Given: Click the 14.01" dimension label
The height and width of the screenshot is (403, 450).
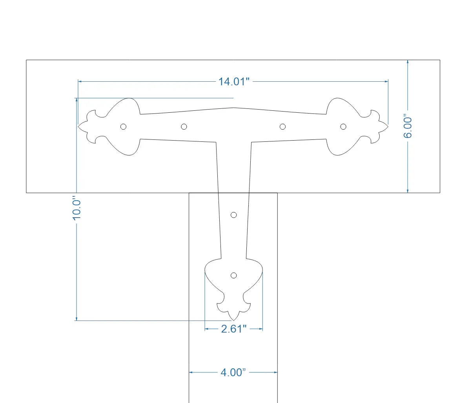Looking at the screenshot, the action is (x=234, y=82).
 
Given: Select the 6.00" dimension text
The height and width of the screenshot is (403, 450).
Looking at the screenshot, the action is (x=408, y=127).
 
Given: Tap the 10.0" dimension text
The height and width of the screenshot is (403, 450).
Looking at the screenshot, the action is (x=77, y=209).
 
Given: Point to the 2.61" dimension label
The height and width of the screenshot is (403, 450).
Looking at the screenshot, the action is (x=233, y=329).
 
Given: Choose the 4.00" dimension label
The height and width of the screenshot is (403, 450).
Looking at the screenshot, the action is (x=233, y=372).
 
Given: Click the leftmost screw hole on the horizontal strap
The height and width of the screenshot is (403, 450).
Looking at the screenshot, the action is (x=124, y=126).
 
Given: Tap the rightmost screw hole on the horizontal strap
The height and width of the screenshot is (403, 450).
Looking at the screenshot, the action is (x=343, y=126).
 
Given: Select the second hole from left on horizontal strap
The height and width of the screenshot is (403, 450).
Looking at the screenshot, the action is (x=184, y=126).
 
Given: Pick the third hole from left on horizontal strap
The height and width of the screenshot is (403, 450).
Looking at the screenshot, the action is (x=283, y=126).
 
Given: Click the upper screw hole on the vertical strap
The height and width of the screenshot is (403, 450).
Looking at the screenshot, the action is (x=233, y=215).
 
